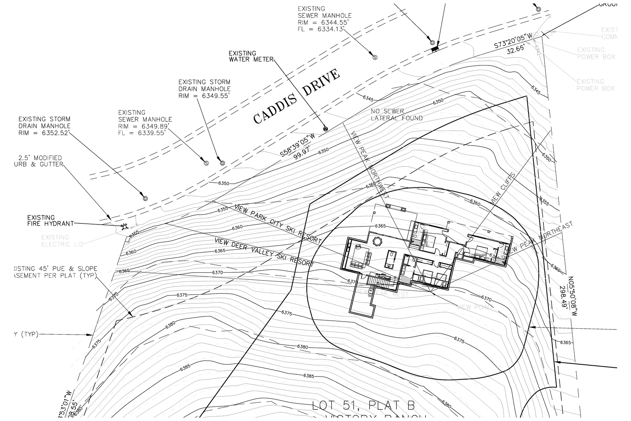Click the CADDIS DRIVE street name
297,96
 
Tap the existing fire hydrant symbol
124,226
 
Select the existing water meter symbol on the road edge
325,129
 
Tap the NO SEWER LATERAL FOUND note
396,115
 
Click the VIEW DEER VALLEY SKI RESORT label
264,252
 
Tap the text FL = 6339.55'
141,133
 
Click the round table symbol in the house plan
378,240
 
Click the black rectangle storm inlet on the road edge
435,49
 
